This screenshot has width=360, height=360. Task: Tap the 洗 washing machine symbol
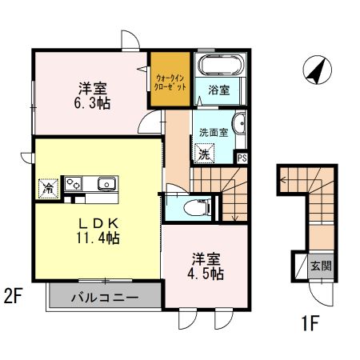[204, 154]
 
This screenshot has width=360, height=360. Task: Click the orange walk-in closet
[170, 80]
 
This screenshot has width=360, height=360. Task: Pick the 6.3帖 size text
[92, 102]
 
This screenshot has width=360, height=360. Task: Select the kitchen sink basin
[106, 185]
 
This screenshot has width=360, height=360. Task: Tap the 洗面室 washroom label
[214, 132]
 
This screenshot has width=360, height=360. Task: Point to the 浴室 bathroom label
[219, 90]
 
